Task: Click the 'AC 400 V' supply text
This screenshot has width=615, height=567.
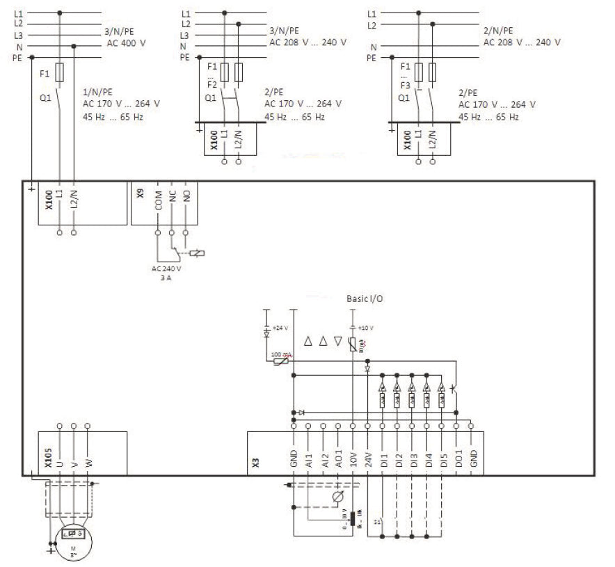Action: pyautogui.click(x=122, y=42)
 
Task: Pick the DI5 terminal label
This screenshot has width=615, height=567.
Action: pyautogui.click(x=443, y=460)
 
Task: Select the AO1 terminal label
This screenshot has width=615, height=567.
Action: pyautogui.click(x=337, y=460)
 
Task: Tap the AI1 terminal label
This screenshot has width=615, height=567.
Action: pyautogui.click(x=309, y=460)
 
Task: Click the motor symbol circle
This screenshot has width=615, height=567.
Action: pyautogui.click(x=73, y=538)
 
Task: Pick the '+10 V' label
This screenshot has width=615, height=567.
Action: pyautogui.click(x=366, y=327)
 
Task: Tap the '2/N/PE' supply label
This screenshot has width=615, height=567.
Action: pyautogui.click(x=498, y=31)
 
